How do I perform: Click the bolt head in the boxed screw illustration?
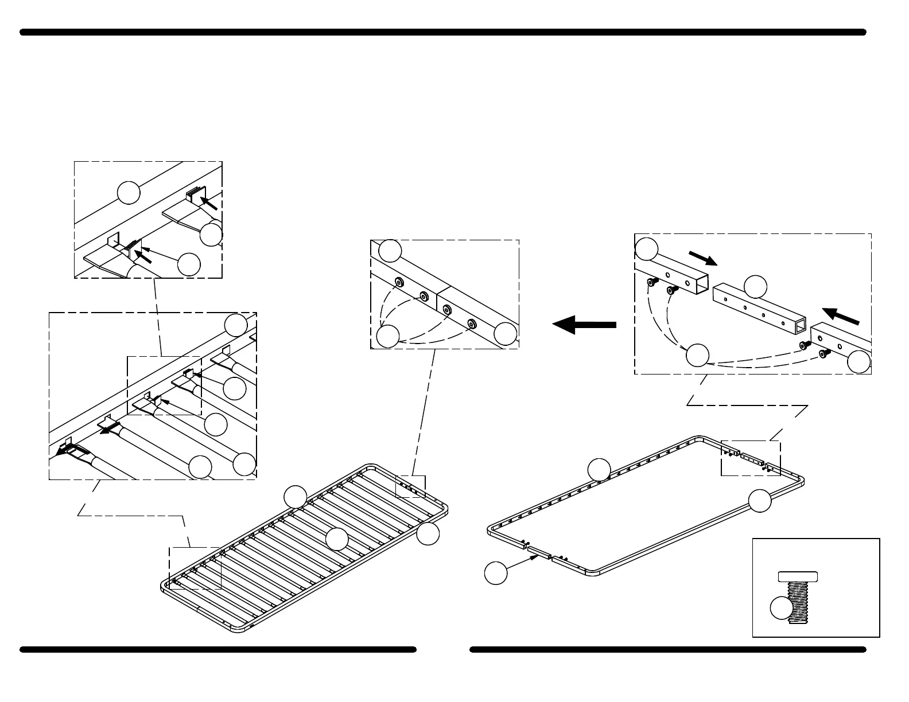[x=798, y=576]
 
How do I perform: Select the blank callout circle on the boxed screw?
[x=780, y=609]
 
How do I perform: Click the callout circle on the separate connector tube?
[x=755, y=287]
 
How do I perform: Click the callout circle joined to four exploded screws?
[x=698, y=355]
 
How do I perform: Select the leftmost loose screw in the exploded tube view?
[x=652, y=282]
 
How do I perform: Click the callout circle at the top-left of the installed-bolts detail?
[x=391, y=251]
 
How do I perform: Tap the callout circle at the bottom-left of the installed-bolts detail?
[x=389, y=336]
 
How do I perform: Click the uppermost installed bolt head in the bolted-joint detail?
[x=397, y=282]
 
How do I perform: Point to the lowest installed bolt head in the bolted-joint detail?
[x=472, y=324]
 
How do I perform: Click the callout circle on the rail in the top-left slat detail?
[x=129, y=192]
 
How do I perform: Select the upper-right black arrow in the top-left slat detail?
[x=208, y=202]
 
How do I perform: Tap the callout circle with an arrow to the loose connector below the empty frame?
[x=496, y=573]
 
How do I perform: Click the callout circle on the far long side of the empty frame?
[x=599, y=470]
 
